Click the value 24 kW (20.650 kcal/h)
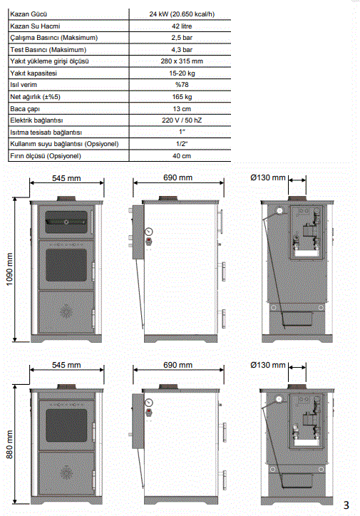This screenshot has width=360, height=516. click(182, 14)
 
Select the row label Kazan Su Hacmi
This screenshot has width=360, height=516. click(35, 26)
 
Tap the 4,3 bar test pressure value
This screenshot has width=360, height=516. click(182, 50)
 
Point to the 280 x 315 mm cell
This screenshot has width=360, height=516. click(182, 61)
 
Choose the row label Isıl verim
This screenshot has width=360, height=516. click(24, 85)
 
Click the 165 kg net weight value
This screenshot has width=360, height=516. click(182, 97)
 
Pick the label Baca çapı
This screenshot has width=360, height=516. click(25, 109)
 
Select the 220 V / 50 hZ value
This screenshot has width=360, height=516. click(182, 120)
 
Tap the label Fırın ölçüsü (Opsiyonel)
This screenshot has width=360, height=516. click(46, 156)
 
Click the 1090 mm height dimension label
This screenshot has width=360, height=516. click(9, 269)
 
